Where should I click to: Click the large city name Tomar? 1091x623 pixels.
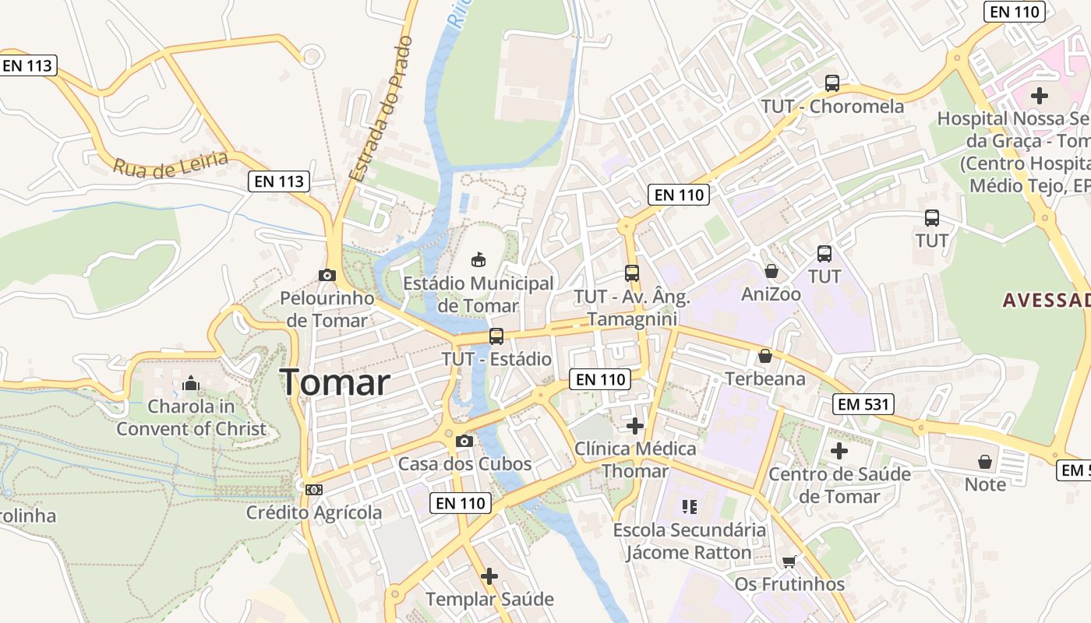point(335,382)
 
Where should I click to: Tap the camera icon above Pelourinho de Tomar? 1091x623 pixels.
point(327,275)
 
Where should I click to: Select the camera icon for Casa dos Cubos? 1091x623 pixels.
point(464,442)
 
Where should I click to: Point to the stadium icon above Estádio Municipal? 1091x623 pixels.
point(478,259)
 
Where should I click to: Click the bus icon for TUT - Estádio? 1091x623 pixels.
point(496,336)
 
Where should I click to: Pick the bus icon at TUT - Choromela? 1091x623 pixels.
point(832,83)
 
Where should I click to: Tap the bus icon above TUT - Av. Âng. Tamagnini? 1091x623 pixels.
point(632,273)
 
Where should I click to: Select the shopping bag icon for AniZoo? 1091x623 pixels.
point(771,271)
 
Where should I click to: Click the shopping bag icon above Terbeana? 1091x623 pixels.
point(765,356)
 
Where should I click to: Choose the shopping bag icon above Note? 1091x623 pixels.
point(985,462)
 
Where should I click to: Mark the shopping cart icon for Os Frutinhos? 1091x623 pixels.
point(789,561)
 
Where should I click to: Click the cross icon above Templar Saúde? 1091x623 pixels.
point(489,576)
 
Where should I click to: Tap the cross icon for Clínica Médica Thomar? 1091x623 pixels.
point(635,426)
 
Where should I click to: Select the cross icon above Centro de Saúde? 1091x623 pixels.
point(839,451)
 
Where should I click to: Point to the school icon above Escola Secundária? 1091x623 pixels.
point(689,507)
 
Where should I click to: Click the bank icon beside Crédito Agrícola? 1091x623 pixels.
point(314,490)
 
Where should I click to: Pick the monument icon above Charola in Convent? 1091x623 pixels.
point(191,383)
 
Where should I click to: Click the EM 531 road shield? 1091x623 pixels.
point(863,404)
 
